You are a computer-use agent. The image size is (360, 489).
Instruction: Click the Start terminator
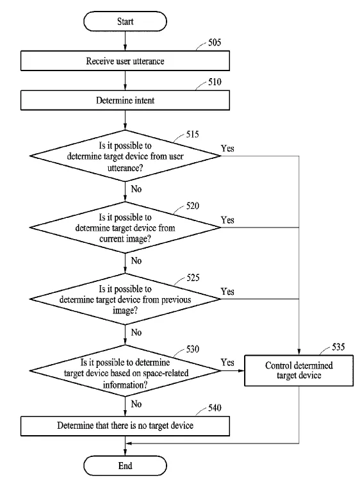coord(125,21)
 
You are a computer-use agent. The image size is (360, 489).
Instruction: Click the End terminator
coord(125,466)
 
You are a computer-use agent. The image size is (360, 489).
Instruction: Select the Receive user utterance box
coord(125,61)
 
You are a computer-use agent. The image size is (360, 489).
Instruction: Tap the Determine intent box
coord(125,101)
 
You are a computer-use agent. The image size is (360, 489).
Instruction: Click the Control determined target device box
coord(299,370)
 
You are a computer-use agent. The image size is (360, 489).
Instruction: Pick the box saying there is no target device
coord(125,426)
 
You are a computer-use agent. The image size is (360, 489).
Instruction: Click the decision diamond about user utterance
coord(125,156)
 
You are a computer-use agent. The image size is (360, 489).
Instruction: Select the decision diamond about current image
coord(125,228)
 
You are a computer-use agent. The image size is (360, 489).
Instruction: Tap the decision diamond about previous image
coord(125,299)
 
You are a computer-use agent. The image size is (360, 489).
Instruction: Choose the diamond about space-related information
coord(125,371)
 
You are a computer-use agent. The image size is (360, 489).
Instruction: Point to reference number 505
coord(215,42)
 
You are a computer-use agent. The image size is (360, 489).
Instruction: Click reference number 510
coord(215,82)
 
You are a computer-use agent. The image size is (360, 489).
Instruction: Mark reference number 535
coord(338,347)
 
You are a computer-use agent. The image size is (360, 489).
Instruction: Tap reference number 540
coord(215,408)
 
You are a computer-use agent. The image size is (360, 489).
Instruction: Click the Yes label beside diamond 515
coord(227,149)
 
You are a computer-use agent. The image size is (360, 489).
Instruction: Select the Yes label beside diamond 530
coord(227,362)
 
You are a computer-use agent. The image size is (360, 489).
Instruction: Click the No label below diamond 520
coord(136,260)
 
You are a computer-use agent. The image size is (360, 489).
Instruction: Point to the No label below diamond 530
coord(136,404)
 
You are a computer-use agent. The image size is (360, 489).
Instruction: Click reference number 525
coord(193,278)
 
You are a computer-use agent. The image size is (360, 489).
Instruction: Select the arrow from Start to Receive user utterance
coord(125,41)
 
